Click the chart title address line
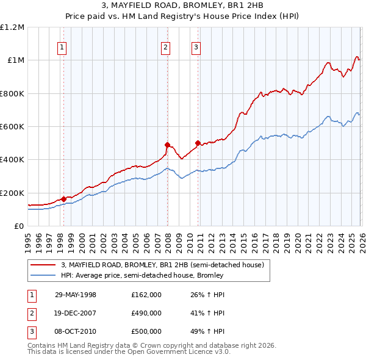(182, 5)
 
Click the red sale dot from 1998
(63, 199)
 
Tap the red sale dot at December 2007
(167, 145)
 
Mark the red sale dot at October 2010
(197, 143)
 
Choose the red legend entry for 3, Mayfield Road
(162, 265)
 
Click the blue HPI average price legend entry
(142, 275)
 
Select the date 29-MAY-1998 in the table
(76, 295)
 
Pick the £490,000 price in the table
(146, 313)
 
